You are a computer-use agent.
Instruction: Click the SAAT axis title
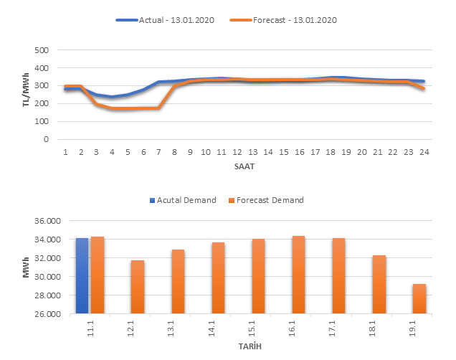click(244, 166)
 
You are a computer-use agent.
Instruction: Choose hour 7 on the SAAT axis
click(158, 151)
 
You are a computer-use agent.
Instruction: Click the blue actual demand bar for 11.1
click(82, 276)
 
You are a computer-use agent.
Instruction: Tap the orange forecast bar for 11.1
click(98, 275)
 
